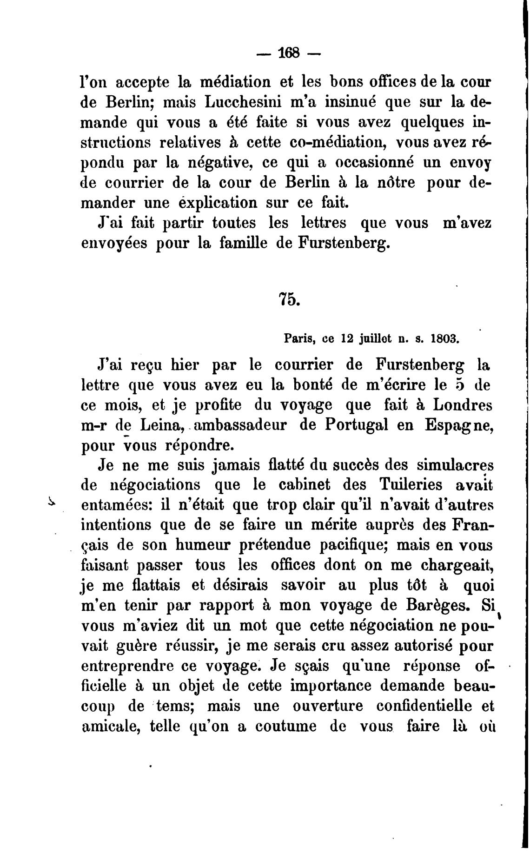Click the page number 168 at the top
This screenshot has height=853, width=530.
click(x=289, y=52)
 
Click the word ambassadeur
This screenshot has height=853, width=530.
click(x=240, y=425)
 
